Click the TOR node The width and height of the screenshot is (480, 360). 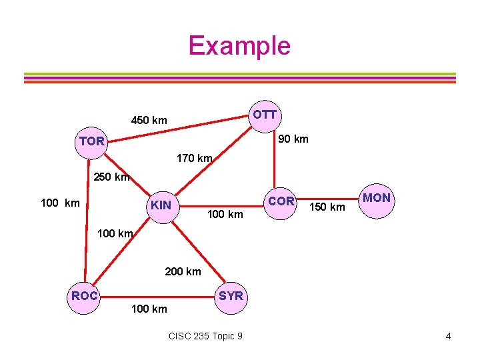tap(91, 142)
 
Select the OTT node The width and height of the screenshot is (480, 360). tap(265, 115)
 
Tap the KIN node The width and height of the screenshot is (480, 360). tap(161, 205)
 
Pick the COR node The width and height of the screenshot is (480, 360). tap(281, 201)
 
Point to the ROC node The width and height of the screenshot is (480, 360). tap(85, 296)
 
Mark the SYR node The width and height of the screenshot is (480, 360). tap(231, 296)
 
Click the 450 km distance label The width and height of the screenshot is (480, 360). tap(149, 121)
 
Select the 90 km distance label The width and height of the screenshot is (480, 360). tap(293, 139)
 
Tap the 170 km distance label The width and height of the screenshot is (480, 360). tap(194, 159)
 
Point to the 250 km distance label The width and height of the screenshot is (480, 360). tap(111, 177)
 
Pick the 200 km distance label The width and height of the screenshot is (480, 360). tap(183, 271)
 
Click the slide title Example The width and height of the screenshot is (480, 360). tap(239, 45)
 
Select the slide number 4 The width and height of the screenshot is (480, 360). tap(448, 336)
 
